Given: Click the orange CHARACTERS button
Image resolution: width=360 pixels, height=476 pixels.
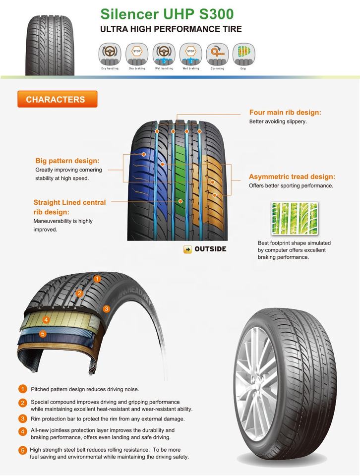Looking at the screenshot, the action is pyautogui.click(x=57, y=99).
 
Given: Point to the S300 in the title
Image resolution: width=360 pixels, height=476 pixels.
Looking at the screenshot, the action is pyautogui.click(x=214, y=13).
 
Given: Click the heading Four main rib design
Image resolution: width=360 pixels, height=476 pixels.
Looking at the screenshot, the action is pyautogui.click(x=285, y=113).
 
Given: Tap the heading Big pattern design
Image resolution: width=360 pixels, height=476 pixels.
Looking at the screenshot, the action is pyautogui.click(x=67, y=161).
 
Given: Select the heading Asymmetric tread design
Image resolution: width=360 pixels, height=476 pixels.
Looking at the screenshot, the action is pyautogui.click(x=292, y=177).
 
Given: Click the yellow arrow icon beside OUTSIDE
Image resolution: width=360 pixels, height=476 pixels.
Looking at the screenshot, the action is pyautogui.click(x=187, y=249).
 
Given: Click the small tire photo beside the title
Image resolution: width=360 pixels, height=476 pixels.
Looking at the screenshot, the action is pyautogui.click(x=50, y=44).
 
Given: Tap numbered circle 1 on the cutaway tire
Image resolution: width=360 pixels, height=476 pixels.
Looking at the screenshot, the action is pyautogui.click(x=97, y=279).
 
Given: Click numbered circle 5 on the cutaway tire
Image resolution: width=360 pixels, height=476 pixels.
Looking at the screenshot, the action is pyautogui.click(x=43, y=334).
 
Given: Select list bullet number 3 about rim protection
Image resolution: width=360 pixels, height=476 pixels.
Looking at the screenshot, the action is pyautogui.click(x=22, y=418).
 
